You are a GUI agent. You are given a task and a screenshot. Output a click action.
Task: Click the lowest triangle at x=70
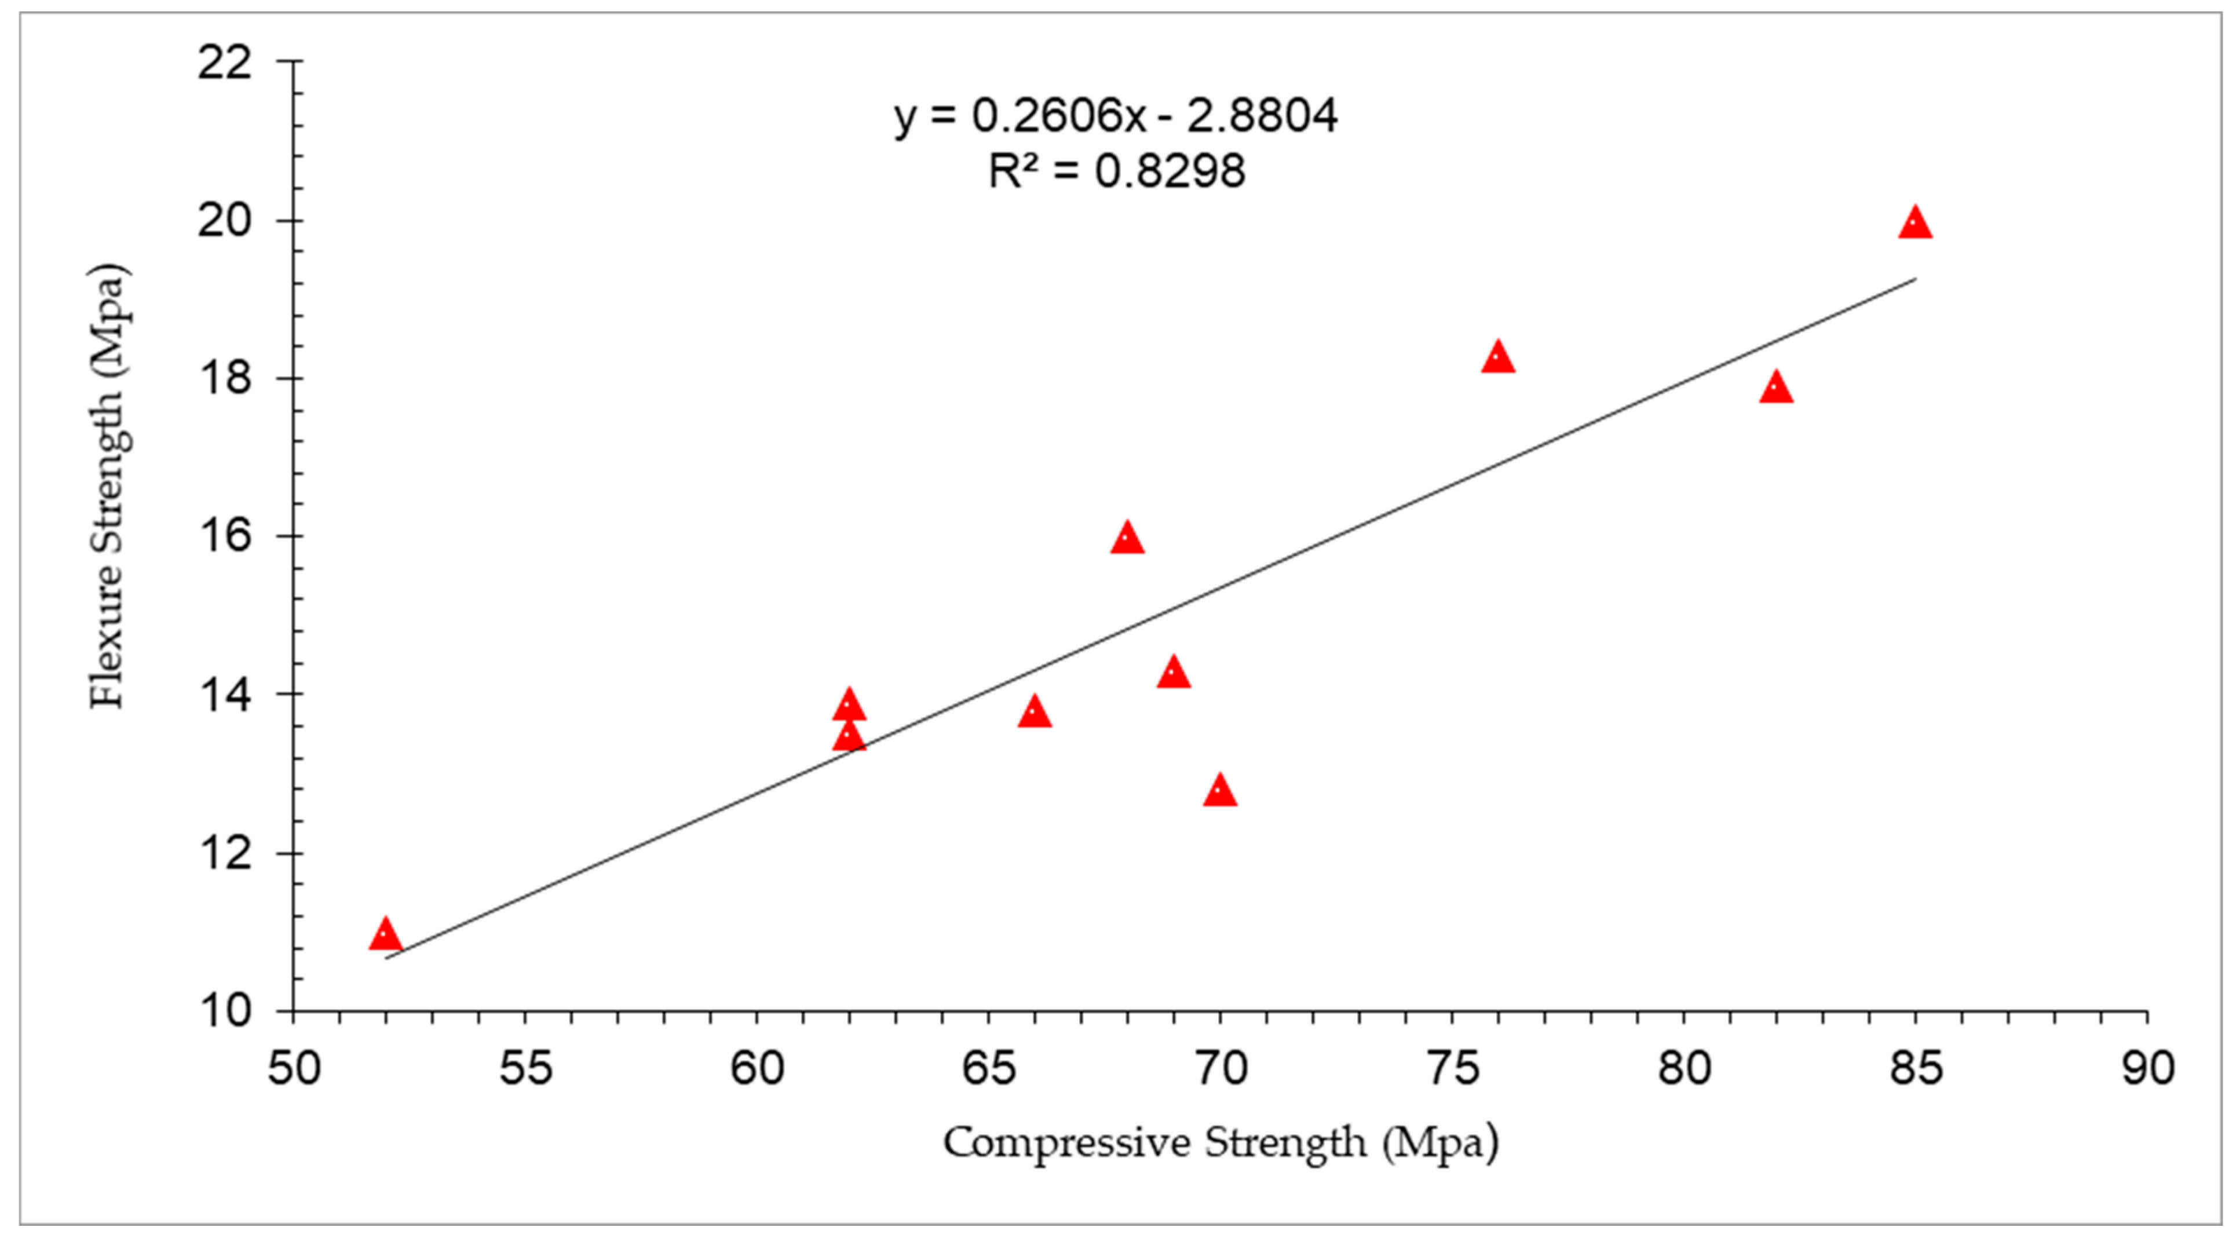click(1220, 791)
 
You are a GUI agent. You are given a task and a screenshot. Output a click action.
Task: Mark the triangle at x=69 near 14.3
click(1173, 673)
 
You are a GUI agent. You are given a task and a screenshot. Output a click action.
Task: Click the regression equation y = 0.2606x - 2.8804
click(1116, 116)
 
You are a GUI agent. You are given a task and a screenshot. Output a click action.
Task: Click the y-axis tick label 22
click(224, 62)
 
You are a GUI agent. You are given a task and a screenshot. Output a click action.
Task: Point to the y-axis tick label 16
click(224, 536)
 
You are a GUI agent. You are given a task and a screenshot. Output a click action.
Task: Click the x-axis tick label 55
click(525, 1068)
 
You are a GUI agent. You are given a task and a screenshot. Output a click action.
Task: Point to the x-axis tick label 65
click(989, 1068)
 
